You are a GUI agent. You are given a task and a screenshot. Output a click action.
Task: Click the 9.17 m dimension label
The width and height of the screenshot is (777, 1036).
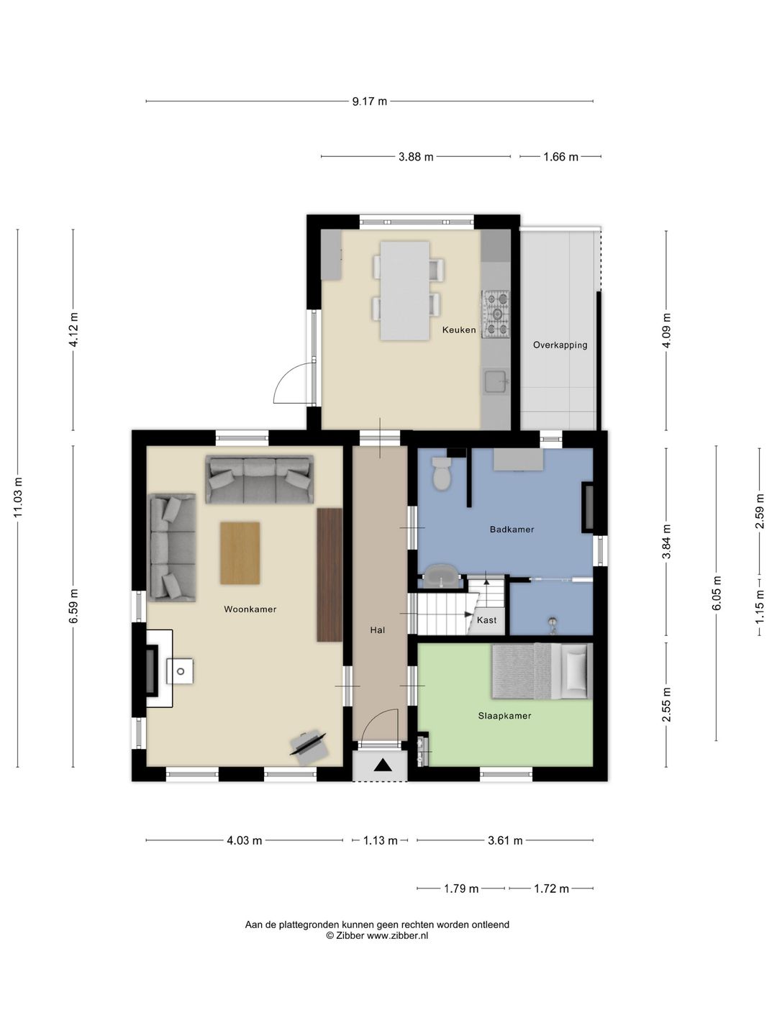(x=369, y=101)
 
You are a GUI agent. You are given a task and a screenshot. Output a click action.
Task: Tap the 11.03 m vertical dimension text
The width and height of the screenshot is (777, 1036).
(x=19, y=497)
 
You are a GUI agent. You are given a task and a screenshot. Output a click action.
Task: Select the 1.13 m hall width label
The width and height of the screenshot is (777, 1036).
(x=381, y=840)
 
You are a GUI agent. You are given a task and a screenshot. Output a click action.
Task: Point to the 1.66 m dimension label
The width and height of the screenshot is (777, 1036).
(x=560, y=157)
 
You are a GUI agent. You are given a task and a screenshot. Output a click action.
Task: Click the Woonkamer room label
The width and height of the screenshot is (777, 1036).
(x=250, y=609)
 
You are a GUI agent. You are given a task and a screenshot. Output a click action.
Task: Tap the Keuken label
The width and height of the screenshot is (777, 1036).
(x=459, y=330)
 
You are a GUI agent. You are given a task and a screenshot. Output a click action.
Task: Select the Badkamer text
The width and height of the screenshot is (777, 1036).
(x=512, y=530)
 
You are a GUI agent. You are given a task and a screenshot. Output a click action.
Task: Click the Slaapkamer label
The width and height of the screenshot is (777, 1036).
(x=505, y=716)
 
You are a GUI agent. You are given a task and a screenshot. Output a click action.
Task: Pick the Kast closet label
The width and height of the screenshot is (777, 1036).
(x=487, y=620)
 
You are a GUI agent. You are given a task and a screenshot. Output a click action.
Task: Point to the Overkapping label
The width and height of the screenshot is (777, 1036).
(x=560, y=345)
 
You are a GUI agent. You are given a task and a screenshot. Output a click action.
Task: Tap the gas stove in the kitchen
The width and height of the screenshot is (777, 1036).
(x=496, y=314)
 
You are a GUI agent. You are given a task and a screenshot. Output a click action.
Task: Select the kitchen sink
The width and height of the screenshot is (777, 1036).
(x=496, y=382)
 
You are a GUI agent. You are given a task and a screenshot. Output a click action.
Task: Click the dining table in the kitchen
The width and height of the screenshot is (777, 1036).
(x=405, y=291)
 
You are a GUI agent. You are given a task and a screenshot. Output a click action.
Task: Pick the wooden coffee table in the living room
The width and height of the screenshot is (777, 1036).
(x=240, y=553)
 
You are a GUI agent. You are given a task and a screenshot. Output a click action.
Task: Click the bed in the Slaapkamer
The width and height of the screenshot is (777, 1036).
(x=542, y=671)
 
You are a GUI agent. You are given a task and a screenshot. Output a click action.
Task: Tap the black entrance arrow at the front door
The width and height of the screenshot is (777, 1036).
(x=383, y=765)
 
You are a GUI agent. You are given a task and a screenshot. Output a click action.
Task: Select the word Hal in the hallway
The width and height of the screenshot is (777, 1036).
(x=378, y=630)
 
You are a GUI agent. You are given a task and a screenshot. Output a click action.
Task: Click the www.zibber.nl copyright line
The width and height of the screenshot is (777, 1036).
(x=377, y=936)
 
